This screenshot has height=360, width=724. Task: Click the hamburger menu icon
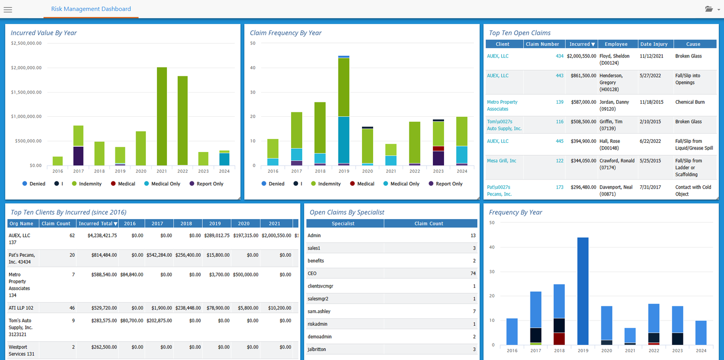pyautogui.click(x=8, y=9)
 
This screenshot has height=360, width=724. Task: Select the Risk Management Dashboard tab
pyautogui.click(x=91, y=9)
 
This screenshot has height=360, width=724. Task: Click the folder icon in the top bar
pyautogui.click(x=709, y=9)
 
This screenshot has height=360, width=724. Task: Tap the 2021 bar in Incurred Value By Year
pyautogui.click(x=162, y=116)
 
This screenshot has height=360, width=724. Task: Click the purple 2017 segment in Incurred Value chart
pyautogui.click(x=78, y=156)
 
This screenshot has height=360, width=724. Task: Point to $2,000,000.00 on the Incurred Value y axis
pyautogui.click(x=26, y=68)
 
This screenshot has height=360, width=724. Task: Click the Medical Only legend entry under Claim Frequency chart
pyautogui.click(x=402, y=184)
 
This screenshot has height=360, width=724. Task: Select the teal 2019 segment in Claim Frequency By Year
pyautogui.click(x=344, y=140)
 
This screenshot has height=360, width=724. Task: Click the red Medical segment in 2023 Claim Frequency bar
pyautogui.click(x=438, y=149)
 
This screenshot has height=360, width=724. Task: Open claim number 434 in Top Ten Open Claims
pyautogui.click(x=559, y=56)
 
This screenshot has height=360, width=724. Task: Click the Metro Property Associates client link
pyautogui.click(x=502, y=105)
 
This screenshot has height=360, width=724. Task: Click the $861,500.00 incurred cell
pyautogui.click(x=582, y=76)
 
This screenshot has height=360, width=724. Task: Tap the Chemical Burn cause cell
pyautogui.click(x=690, y=102)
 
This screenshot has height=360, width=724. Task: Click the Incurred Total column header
pyautogui.click(x=97, y=223)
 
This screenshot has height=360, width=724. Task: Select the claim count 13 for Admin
pyautogui.click(x=473, y=235)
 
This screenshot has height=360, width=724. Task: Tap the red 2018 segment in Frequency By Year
pyautogui.click(x=559, y=339)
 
